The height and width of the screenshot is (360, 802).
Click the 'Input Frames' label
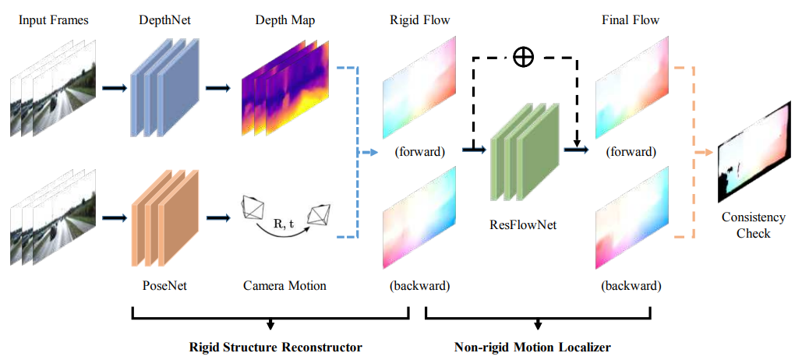pyautogui.click(x=54, y=21)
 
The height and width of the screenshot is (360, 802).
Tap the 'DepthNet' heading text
pyautogui.click(x=161, y=21)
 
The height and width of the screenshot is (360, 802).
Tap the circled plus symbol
pyautogui.click(x=523, y=58)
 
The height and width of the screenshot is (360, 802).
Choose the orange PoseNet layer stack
pyautogui.click(x=164, y=218)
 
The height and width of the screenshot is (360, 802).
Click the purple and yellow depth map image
pyautogui.click(x=285, y=89)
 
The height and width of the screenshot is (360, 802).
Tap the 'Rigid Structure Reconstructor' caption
pyautogui.click(x=276, y=348)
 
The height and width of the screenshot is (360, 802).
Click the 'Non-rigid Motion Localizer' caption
pyautogui.click(x=532, y=348)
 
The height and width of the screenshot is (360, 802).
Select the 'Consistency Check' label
pyautogui.click(x=754, y=225)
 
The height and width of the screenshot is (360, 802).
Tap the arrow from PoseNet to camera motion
pyautogui.click(x=220, y=218)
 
